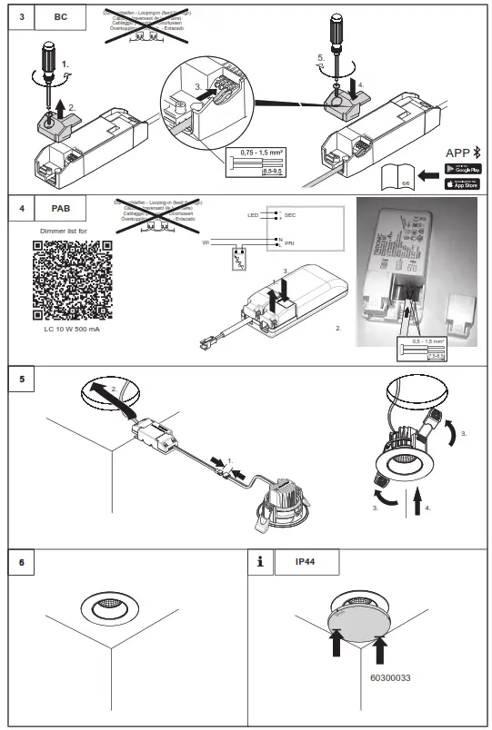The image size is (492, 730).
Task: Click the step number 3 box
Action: [x=21, y=16]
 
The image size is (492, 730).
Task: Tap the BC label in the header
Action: [x=61, y=16]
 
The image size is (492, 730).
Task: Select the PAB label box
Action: [x=61, y=207]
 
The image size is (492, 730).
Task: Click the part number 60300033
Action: [x=390, y=677]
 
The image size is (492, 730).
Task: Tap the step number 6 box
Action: [x=21, y=562]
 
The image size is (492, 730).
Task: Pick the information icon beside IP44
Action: [x=262, y=562]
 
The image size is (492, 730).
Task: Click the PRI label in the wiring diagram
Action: [x=290, y=243]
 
